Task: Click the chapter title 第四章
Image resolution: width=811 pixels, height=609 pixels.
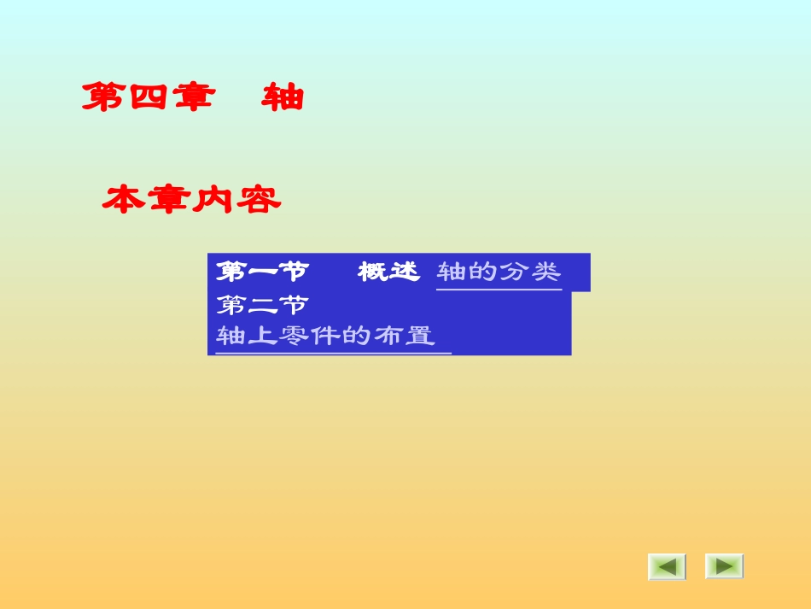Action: click(147, 97)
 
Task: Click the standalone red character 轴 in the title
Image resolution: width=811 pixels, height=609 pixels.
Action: click(283, 97)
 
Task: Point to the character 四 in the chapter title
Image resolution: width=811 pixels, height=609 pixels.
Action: click(147, 97)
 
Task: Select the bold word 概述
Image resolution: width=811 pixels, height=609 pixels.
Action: click(389, 272)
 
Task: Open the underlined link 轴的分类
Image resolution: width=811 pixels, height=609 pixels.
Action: click(499, 272)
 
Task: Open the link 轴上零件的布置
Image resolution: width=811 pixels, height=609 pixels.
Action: click(325, 336)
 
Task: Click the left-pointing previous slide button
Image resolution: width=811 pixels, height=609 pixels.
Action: click(667, 566)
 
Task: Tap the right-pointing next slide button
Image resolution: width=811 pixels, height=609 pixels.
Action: click(724, 566)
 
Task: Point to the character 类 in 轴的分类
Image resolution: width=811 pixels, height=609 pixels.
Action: click(546, 272)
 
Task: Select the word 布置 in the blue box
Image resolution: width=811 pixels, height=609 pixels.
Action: click(404, 336)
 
